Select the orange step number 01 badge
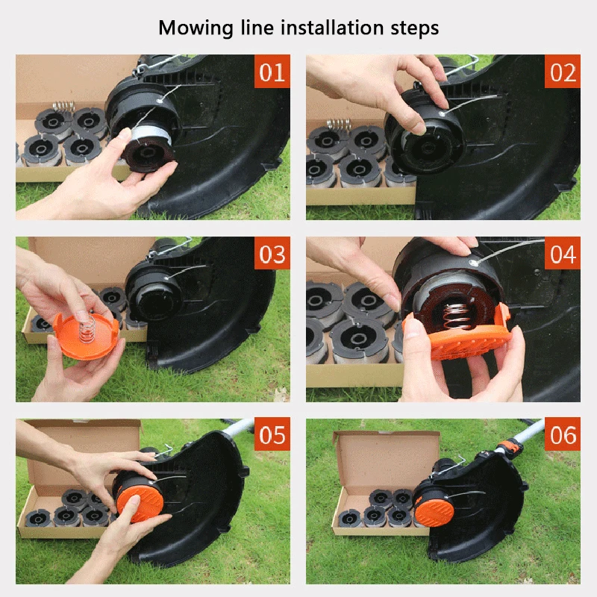click(x=272, y=72)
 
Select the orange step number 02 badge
click(x=563, y=72)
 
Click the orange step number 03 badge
click(x=272, y=254)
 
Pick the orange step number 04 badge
click(x=563, y=254)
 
